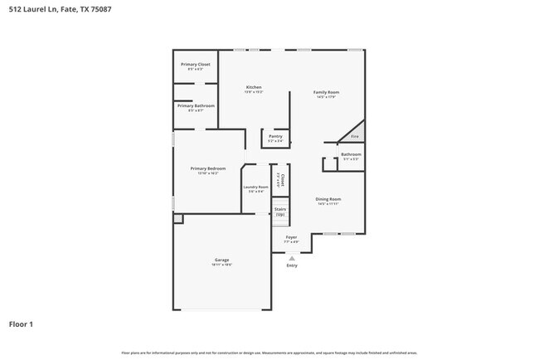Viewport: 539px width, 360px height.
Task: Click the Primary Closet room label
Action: [x=196, y=64]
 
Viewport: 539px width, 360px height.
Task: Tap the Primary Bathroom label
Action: [x=196, y=106]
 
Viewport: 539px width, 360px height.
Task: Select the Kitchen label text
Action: [x=254, y=87]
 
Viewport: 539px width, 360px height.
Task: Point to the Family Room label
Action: [x=326, y=92]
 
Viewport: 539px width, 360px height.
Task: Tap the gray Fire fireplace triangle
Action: [x=354, y=134]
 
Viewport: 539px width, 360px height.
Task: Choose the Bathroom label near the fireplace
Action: [x=351, y=154]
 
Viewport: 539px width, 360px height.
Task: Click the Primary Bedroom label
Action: [x=208, y=168]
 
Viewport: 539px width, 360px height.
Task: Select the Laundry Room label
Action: [x=255, y=187]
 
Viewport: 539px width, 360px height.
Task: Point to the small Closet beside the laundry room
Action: [x=282, y=179]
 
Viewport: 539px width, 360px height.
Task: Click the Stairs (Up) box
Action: [x=280, y=212]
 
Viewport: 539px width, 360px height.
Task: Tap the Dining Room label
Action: [x=328, y=199]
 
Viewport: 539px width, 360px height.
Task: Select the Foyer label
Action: [x=292, y=237]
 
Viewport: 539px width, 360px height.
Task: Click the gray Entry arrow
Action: [x=292, y=258]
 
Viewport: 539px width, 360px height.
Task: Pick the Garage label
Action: [x=222, y=260]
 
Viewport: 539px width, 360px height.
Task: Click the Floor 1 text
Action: [x=22, y=324]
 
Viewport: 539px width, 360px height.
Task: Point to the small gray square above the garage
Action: [x=177, y=218]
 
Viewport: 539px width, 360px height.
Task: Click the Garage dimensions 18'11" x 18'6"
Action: [x=222, y=265]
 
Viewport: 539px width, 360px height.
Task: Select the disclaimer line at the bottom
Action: [x=269, y=353]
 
